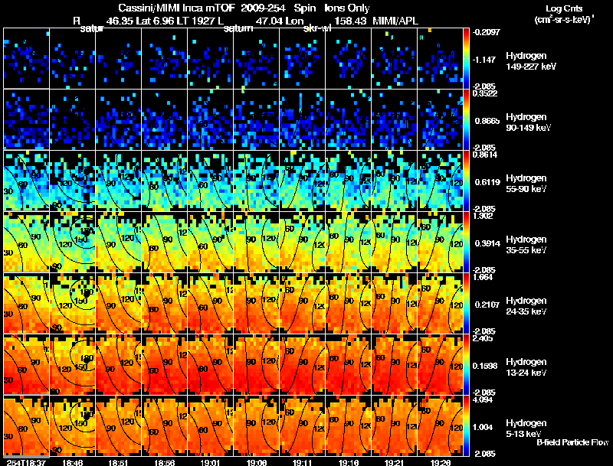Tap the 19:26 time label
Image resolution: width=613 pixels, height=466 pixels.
(440, 462)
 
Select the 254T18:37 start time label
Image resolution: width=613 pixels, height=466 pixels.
(26, 462)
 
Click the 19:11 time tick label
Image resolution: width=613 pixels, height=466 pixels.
(302, 462)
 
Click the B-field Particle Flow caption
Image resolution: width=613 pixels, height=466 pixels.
(572, 442)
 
